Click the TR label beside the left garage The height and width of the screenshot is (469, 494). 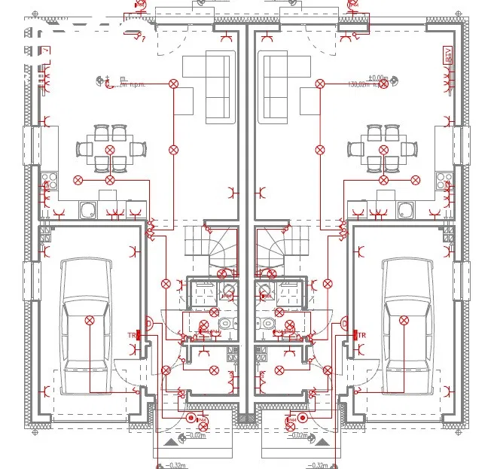pos(132,334)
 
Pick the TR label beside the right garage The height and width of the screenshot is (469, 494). pos(361,334)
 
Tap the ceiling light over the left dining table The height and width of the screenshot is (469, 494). pos(110,151)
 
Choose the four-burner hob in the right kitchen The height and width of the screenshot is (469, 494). pos(444,181)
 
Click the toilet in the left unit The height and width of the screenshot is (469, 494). pos(225,324)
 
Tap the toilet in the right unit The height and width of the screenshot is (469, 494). pos(268,324)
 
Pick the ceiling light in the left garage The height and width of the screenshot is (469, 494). pos(89,321)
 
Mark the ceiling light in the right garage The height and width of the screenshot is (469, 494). pos(404,321)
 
